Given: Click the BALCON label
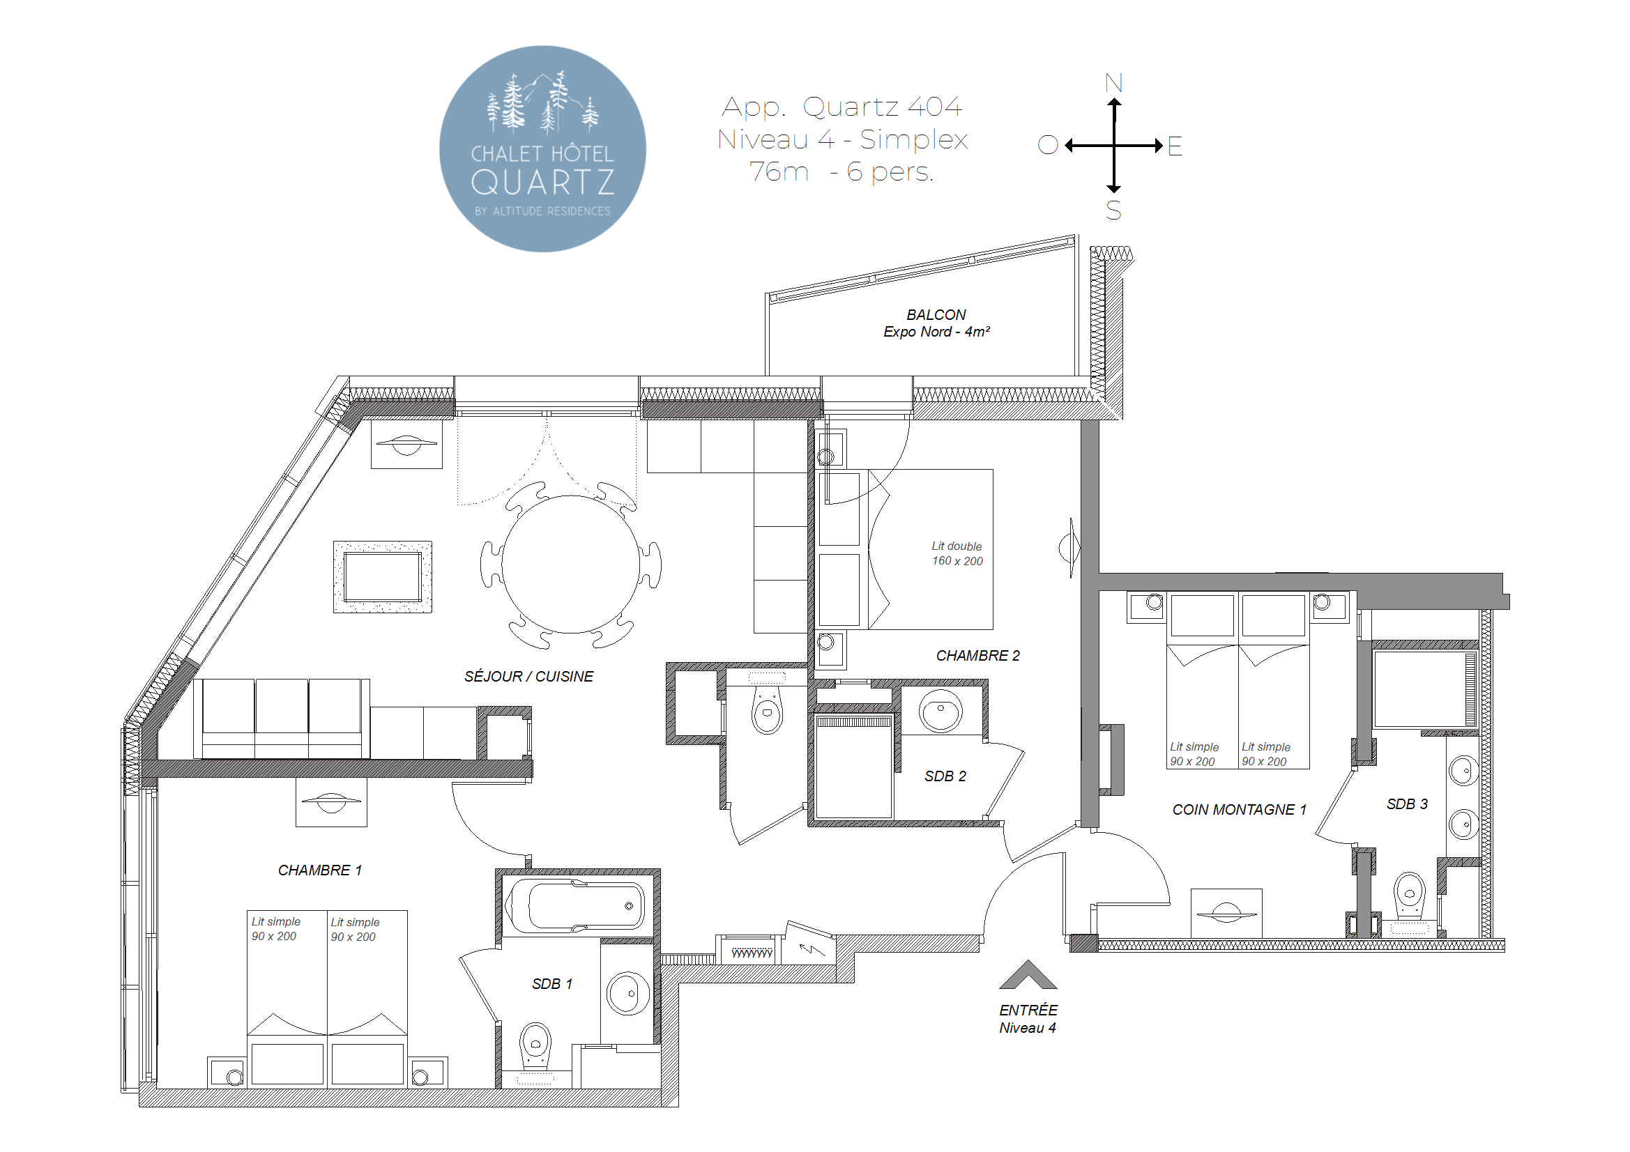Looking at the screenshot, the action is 936,314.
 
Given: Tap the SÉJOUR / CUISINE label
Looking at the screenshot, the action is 529,677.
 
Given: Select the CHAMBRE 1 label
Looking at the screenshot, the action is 320,870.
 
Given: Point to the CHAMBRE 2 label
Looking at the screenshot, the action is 977,656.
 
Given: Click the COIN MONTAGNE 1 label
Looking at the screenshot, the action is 1239,810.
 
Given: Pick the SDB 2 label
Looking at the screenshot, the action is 945,776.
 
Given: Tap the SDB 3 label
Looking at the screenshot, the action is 1407,804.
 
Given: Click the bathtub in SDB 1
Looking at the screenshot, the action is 579,905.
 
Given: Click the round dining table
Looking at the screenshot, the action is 571,565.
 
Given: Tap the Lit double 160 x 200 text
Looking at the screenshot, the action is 957,553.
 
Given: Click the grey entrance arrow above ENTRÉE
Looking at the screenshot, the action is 1028,975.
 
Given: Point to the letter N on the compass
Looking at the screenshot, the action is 1114,83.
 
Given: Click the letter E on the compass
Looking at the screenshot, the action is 1175,146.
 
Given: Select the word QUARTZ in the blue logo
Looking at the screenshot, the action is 543,183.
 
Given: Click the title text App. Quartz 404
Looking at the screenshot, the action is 842,107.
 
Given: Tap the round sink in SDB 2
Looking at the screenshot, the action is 940,711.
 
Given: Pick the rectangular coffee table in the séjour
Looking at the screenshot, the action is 383,577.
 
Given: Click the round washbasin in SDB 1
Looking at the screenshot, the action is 627,993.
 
